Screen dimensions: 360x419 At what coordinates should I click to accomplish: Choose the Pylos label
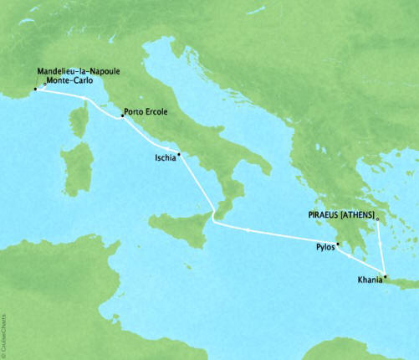(x=325, y=248)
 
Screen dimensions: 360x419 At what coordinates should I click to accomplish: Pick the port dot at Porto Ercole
(x=123, y=117)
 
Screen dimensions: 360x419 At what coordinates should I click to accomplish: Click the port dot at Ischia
(x=179, y=155)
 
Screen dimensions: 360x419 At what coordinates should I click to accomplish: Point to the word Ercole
(x=161, y=111)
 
